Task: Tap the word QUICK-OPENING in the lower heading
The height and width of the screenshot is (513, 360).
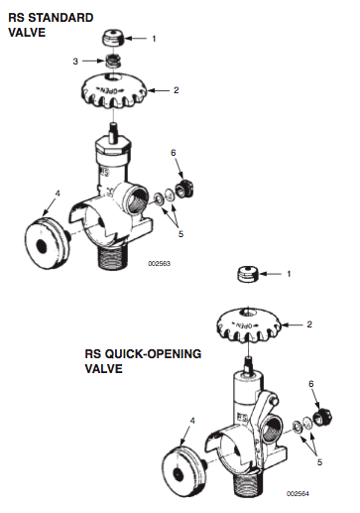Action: [x=153, y=354]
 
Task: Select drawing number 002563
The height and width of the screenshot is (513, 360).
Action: [x=159, y=264]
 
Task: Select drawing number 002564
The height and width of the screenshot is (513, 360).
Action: [x=298, y=494]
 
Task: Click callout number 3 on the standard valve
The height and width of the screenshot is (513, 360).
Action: [x=75, y=62]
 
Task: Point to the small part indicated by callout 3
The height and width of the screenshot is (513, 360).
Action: [x=113, y=61]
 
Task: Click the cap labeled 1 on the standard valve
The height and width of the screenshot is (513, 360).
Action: [x=113, y=38]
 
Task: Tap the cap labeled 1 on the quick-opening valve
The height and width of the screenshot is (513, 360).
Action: [x=248, y=275]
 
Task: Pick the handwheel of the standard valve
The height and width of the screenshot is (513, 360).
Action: [x=114, y=91]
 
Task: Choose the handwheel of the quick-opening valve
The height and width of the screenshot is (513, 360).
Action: [x=249, y=324]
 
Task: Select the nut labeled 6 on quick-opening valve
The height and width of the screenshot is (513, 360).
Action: [x=322, y=417]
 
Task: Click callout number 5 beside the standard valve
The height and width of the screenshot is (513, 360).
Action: [x=180, y=234]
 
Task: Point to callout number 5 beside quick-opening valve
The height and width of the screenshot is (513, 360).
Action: [x=319, y=462]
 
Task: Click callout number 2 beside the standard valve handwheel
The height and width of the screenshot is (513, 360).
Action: [x=177, y=90]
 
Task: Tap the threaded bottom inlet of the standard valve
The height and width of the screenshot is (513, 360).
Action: [x=113, y=255]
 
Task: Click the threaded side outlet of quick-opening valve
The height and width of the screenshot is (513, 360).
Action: [x=273, y=430]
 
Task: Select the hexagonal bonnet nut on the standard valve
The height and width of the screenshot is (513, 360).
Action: [x=112, y=145]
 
